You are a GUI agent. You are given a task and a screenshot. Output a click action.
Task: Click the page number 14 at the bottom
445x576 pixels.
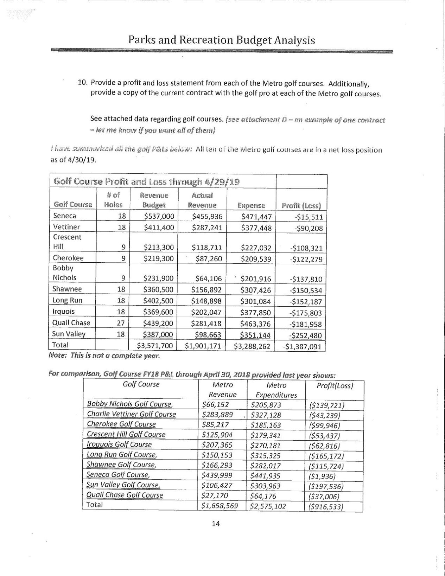click(216, 524)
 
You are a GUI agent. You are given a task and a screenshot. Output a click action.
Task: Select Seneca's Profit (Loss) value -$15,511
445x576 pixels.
click(305, 217)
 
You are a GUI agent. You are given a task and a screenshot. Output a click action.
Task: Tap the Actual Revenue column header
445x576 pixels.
click(202, 200)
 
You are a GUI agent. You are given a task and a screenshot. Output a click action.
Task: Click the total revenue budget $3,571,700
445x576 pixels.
click(155, 346)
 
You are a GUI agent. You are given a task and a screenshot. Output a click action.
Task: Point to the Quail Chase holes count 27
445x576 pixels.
click(121, 323)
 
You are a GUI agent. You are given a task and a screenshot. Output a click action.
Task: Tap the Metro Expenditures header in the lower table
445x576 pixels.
click(276, 390)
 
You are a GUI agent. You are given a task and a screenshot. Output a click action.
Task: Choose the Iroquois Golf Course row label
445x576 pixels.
click(119, 444)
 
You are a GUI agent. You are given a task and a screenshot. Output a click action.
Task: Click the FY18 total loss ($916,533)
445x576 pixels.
click(325, 507)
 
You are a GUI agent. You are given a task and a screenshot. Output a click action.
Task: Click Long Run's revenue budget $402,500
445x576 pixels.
click(159, 301)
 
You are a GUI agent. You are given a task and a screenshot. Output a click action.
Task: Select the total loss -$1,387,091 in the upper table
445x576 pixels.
click(303, 347)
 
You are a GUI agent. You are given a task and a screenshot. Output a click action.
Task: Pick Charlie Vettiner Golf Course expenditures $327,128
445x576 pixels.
click(266, 415)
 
